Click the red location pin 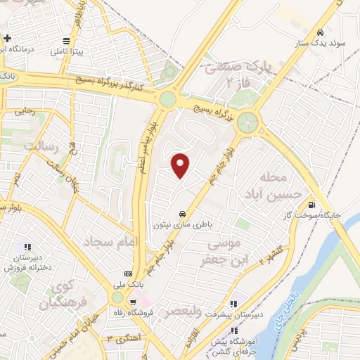pyautogui.click(x=181, y=166)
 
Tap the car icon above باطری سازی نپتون pyautogui.click(x=183, y=213)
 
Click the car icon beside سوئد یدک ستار pyautogui.click(x=321, y=32)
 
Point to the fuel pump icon pyautogui.click(x=310, y=206)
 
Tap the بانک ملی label pyautogui.click(x=127, y=285)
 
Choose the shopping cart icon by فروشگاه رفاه pyautogui.click(x=132, y=301)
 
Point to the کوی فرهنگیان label pyautogui.click(x=56, y=296)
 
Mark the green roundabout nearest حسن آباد pyautogui.click(x=247, y=124)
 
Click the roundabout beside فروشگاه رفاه pyautogui.click(x=117, y=299)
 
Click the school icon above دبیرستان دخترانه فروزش pyautogui.click(x=27, y=247)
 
